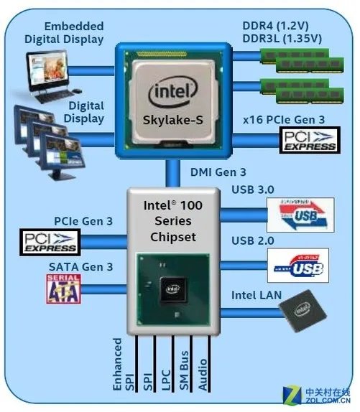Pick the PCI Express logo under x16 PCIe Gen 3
tap(309, 141)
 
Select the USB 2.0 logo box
tap(297, 265)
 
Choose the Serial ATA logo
tap(64, 289)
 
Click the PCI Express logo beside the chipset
tap(50, 242)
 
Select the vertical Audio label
tap(203, 370)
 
